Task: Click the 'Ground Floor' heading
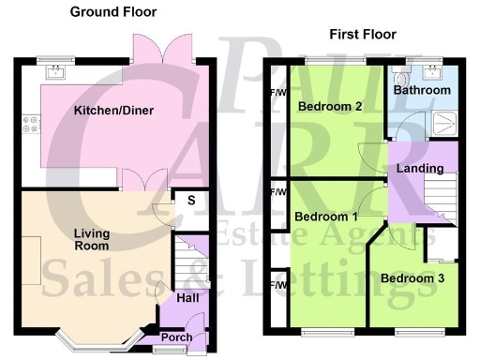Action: click(113, 12)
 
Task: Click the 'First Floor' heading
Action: click(363, 35)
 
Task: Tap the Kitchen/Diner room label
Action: click(113, 111)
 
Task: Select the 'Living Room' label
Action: click(91, 239)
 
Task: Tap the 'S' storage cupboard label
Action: click(190, 200)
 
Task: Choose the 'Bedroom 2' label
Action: click(330, 107)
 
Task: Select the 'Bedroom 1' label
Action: click(326, 217)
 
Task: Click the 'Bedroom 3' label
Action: click(413, 277)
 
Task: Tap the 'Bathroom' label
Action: click(422, 91)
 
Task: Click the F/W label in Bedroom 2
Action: click(277, 94)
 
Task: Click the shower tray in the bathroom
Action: click(441, 118)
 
